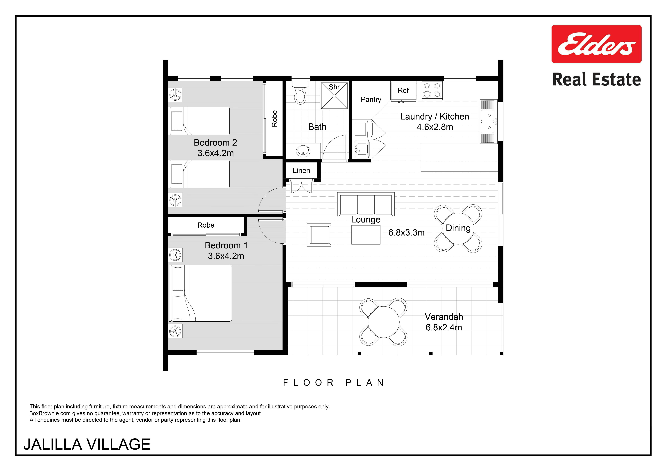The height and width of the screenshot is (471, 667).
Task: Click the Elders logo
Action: point(596,44)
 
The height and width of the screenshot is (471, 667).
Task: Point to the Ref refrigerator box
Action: point(403,91)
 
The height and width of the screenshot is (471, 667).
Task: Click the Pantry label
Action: point(371,99)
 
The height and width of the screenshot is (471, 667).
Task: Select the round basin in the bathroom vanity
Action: point(303,151)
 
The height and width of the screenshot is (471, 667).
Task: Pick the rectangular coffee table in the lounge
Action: point(366,235)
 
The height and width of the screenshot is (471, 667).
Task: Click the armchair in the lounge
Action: point(319,235)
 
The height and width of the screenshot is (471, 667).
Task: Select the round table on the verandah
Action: point(383,322)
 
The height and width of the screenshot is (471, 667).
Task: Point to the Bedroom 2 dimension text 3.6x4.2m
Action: point(216,153)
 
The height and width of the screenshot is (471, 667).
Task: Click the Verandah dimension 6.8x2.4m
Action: point(444,327)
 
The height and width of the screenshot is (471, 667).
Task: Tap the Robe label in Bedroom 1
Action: point(206,225)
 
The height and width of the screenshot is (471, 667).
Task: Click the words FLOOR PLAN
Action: point(334,383)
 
